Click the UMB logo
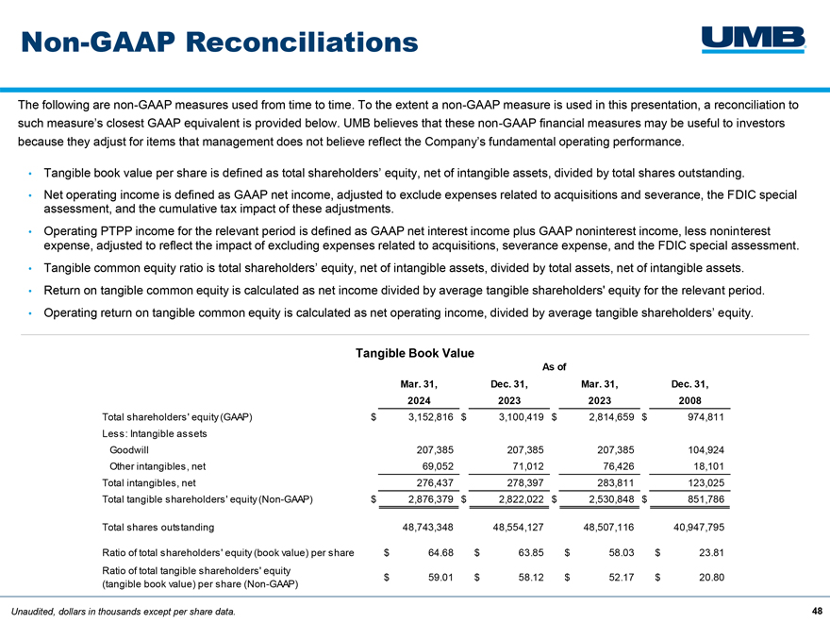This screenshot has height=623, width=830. (x=754, y=41)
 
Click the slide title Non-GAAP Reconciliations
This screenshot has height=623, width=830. (x=220, y=42)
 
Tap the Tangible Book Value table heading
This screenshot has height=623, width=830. (x=414, y=353)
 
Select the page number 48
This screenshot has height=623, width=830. (x=817, y=611)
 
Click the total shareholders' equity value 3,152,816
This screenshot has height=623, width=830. (x=430, y=417)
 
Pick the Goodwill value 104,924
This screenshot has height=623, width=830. (x=705, y=450)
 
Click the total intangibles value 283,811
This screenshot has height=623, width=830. (x=615, y=483)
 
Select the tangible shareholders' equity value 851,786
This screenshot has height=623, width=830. (x=705, y=499)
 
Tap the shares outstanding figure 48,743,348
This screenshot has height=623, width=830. (x=427, y=528)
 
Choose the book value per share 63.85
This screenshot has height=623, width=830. (x=531, y=552)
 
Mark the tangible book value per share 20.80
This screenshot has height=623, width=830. (x=711, y=578)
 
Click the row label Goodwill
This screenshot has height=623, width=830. (x=129, y=450)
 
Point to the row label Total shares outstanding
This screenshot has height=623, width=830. (x=158, y=528)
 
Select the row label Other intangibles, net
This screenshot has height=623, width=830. (x=158, y=466)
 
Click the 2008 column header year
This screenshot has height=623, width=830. (x=689, y=401)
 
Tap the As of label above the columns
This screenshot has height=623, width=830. (x=555, y=367)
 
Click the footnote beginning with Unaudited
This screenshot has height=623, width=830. (x=124, y=612)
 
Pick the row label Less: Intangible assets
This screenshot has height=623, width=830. (x=155, y=434)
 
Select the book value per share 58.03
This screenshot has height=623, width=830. (x=622, y=552)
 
